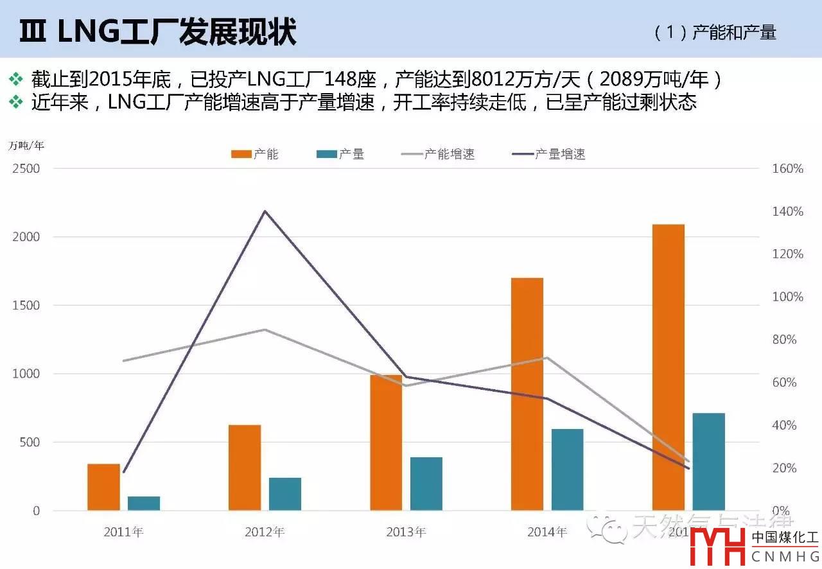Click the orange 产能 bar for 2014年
tap(527, 394)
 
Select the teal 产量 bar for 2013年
tap(426, 484)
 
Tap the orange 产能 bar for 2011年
tap(103, 487)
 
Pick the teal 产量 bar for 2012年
tap(285, 494)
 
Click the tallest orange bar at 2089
tap(669, 367)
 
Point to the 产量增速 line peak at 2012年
tap(265, 211)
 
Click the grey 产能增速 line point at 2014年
tap(546, 358)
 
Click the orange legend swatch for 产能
tap(241, 154)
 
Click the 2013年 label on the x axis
tap(406, 532)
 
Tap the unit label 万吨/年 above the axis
tap(26, 144)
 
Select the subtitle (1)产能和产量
tap(715, 33)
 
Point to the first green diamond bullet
tap(15, 79)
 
